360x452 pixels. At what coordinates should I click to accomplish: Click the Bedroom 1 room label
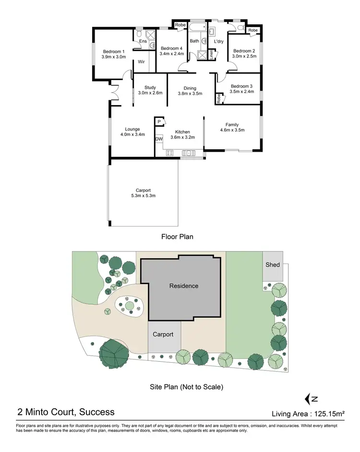pos(113,51)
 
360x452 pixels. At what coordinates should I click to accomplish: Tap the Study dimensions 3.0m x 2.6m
pos(150,93)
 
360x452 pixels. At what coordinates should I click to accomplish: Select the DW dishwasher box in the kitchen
pos(159,139)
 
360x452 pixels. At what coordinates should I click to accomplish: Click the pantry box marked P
pos(159,122)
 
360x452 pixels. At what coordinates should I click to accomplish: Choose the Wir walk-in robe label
pos(142,62)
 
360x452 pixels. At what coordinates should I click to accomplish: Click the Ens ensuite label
pos(143,41)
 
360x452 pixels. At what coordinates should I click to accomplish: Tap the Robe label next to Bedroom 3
pos(218,99)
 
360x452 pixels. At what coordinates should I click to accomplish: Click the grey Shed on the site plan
pos(273,265)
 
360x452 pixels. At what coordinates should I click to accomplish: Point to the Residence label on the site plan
pos(184,286)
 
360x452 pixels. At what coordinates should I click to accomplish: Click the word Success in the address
pos(97,412)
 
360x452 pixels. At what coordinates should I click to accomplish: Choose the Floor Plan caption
pos(177,237)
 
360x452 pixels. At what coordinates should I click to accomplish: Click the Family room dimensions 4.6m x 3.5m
pos(232,130)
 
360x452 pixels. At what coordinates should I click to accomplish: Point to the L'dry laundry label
pos(219,42)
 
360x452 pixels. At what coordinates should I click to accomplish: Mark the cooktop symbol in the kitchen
pos(169,153)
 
